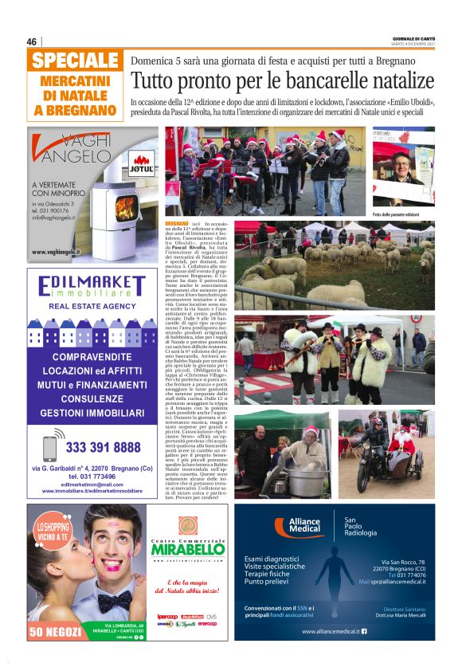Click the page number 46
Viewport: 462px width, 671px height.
(32, 42)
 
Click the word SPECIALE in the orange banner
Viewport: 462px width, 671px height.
(76, 61)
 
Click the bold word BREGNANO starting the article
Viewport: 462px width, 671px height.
(177, 224)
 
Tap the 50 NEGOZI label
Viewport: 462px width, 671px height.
(54, 633)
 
